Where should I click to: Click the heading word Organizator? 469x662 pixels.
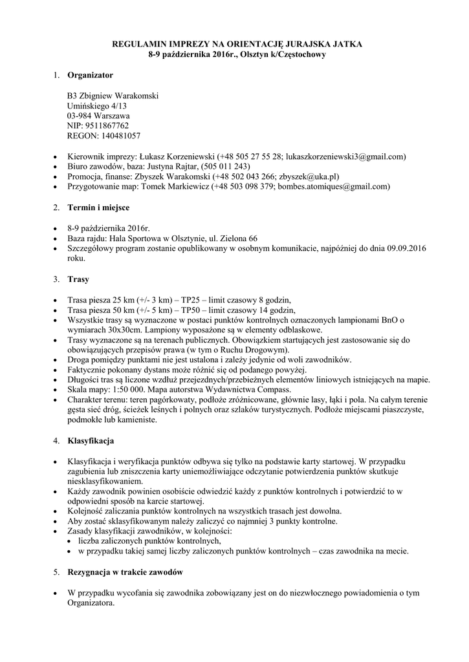(90, 76)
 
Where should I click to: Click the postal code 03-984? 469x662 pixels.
(80, 116)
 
